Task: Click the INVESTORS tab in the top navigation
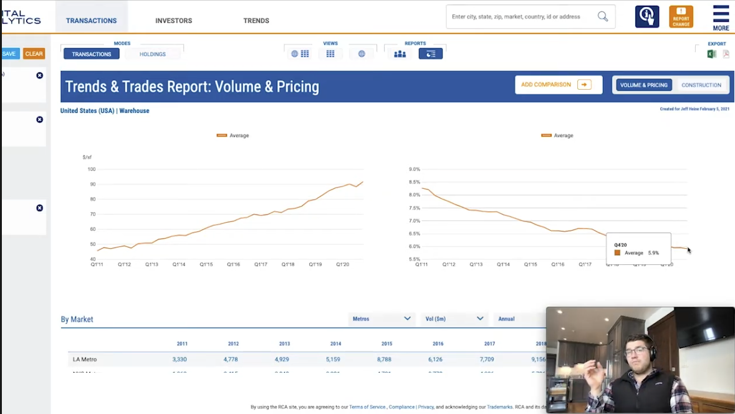click(x=173, y=21)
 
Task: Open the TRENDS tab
click(x=256, y=21)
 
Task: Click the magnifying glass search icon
click(x=603, y=17)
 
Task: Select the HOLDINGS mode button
click(x=153, y=54)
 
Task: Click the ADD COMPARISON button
click(x=558, y=85)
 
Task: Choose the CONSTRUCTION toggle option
click(x=701, y=85)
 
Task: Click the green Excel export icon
click(x=711, y=54)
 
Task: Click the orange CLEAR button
click(x=34, y=54)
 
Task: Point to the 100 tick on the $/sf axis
click(x=92, y=169)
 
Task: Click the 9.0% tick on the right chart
click(x=415, y=169)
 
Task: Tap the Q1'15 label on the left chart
click(x=206, y=264)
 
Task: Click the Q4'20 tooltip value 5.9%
click(x=653, y=253)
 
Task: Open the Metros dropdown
click(x=382, y=319)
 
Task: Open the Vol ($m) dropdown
click(x=454, y=319)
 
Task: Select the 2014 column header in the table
click(x=335, y=344)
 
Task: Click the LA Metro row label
click(x=85, y=359)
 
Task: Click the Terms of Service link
click(x=368, y=407)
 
